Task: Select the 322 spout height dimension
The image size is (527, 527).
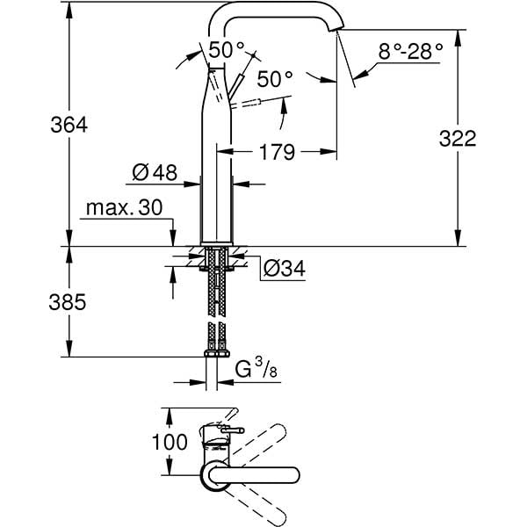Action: pyautogui.click(x=457, y=139)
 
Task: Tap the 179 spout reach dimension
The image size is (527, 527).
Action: pyautogui.click(x=278, y=153)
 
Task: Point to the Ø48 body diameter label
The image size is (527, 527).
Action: pyautogui.click(x=155, y=173)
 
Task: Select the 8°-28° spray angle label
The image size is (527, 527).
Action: pyautogui.click(x=410, y=52)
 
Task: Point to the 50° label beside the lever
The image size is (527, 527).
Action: pyautogui.click(x=275, y=79)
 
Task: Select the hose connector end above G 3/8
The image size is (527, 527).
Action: pyautogui.click(x=215, y=353)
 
